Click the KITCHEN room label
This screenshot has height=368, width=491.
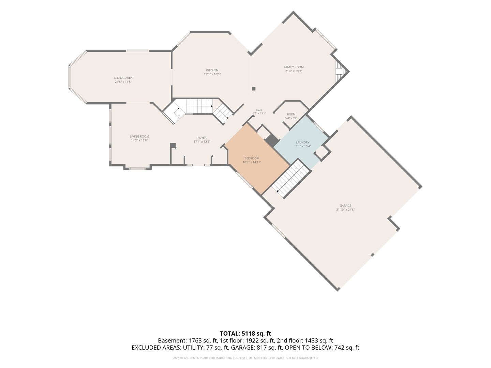click(212, 70)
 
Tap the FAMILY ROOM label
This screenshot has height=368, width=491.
click(294, 67)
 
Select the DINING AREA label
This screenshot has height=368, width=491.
click(123, 78)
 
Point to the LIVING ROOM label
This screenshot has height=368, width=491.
click(139, 136)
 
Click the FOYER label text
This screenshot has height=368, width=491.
click(202, 138)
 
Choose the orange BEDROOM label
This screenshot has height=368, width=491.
click(252, 158)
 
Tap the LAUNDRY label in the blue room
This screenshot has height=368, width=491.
click(302, 142)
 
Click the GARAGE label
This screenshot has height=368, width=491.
click(345, 205)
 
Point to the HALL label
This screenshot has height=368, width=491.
click(259, 110)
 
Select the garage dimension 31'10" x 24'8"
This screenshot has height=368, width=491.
click(345, 210)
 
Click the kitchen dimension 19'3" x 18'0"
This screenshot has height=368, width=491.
click(212, 74)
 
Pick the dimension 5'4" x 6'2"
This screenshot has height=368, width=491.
click(291, 118)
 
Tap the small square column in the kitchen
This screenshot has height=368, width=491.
click(254, 89)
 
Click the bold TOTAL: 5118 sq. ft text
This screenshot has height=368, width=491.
click(245, 334)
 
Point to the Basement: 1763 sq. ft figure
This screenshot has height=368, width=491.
click(188, 341)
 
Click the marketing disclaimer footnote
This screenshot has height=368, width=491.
click(245, 358)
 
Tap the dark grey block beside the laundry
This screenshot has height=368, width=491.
click(272, 140)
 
